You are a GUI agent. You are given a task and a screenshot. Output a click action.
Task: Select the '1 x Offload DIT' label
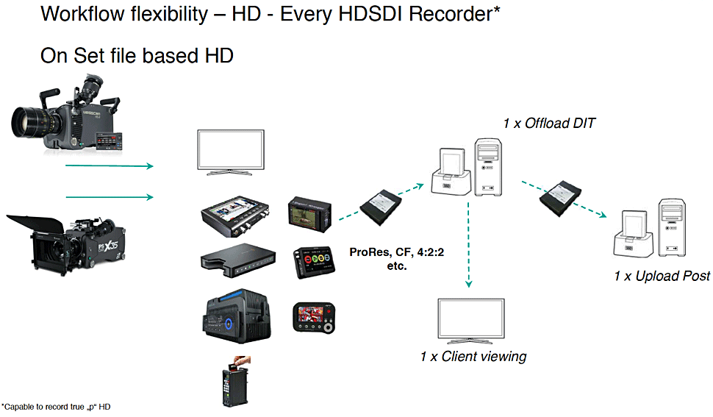(x=548, y=123)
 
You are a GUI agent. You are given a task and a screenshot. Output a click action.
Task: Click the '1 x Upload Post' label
(x=662, y=276)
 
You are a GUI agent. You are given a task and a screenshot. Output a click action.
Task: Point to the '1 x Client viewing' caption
(x=473, y=357)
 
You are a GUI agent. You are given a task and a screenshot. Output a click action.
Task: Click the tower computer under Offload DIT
(x=489, y=167)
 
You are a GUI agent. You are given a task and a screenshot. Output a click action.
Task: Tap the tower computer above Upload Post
(x=673, y=227)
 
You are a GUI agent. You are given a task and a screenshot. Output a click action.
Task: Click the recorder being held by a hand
(x=232, y=383)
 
